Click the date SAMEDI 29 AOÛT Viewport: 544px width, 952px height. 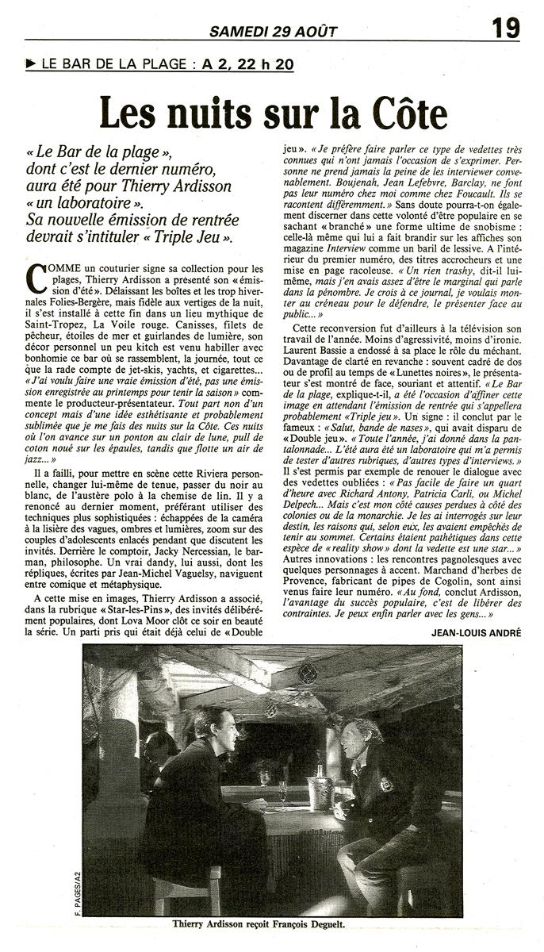(273, 32)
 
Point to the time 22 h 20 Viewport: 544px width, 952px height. (265, 65)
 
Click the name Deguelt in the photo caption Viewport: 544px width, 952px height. (343, 923)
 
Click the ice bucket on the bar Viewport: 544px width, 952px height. (320, 789)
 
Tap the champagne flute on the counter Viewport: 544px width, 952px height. (282, 792)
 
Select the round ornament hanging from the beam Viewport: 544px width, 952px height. (308, 674)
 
